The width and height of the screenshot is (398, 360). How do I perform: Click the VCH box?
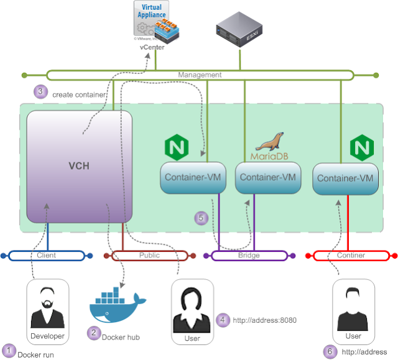coord(80,167)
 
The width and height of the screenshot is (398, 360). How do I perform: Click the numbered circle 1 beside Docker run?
coord(9,349)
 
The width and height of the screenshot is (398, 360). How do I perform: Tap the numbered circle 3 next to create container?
coord(40,91)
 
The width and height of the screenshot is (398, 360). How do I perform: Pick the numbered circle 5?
coord(200,218)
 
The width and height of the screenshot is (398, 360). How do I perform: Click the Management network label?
coord(200,75)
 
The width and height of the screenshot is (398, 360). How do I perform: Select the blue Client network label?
coord(47,256)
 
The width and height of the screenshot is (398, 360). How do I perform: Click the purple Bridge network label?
coord(249,256)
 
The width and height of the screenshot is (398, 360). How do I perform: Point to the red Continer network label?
coord(351,256)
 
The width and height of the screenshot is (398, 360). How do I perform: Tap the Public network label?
coord(149,256)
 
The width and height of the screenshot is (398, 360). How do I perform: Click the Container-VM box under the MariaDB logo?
coord(267,178)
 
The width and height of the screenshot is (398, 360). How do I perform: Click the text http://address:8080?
coord(264,320)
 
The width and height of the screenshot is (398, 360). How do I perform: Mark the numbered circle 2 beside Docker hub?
coord(93,333)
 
